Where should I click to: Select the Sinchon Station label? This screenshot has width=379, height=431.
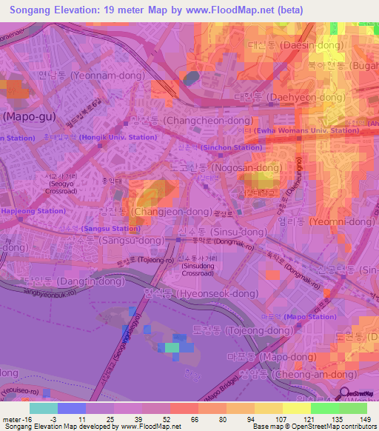coord(232,147)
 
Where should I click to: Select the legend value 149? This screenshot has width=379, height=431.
coord(365,418)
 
